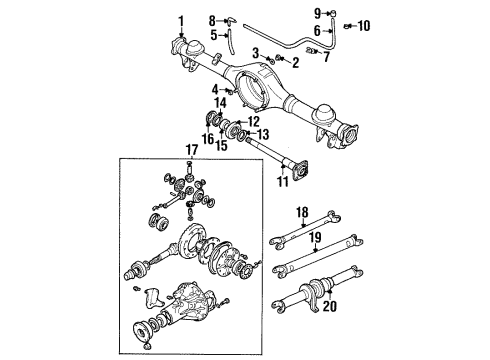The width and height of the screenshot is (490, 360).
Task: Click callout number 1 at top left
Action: (181, 20)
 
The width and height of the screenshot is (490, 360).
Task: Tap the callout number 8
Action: (212, 20)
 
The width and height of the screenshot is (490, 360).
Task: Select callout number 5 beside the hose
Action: (212, 36)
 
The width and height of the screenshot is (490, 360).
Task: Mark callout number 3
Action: (256, 51)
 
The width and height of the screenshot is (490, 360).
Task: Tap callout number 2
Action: (267, 62)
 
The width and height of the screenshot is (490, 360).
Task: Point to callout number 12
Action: (252, 121)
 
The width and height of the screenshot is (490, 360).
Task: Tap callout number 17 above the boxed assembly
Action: (191, 151)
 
